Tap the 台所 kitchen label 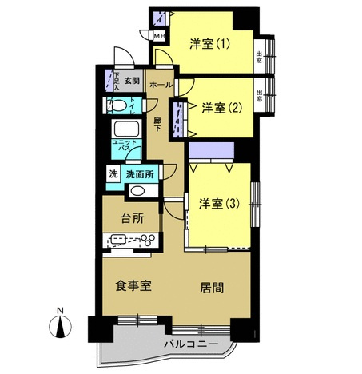(x=131, y=217)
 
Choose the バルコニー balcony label (x=189, y=344)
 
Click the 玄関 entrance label (x=132, y=81)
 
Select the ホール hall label (x=160, y=84)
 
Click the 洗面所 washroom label (x=140, y=172)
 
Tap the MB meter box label (x=158, y=35)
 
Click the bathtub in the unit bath (x=127, y=130)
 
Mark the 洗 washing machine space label (x=113, y=172)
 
